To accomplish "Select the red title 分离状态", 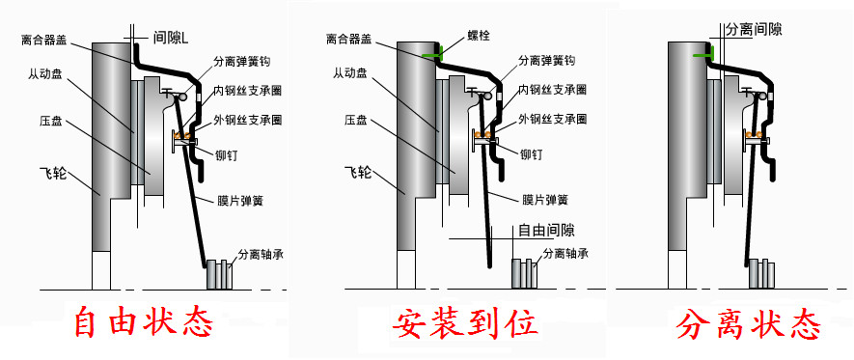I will coord(749,324).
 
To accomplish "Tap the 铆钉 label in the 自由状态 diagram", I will coord(229,153).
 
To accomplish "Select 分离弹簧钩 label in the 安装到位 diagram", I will coord(546,60).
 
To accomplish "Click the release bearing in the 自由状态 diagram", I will coord(221,272).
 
